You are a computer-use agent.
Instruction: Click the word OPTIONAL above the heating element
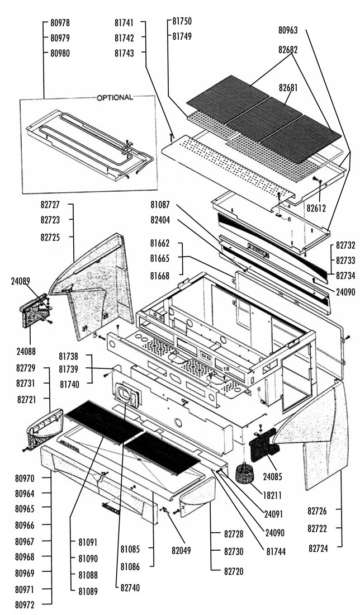pyautogui.click(x=115, y=97)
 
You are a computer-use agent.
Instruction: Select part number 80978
pyautogui.click(x=60, y=23)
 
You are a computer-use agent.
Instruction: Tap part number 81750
pyautogui.click(x=182, y=21)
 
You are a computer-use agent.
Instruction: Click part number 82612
pyautogui.click(x=316, y=208)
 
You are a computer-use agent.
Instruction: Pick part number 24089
pyautogui.click(x=21, y=282)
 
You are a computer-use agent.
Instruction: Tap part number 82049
pyautogui.click(x=181, y=550)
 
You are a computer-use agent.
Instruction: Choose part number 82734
pyautogui.click(x=345, y=275)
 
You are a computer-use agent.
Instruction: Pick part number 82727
pyautogui.click(x=50, y=206)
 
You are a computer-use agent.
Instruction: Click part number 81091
pyautogui.click(x=88, y=542)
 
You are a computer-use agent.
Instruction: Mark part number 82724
pyautogui.click(x=318, y=548)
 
